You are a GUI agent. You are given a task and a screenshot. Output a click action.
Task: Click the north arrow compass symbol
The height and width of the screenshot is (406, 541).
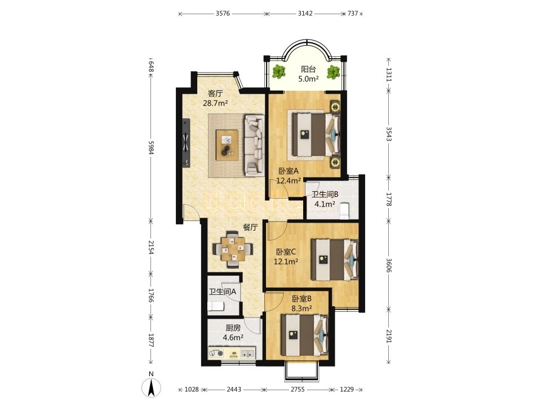tap(151, 387)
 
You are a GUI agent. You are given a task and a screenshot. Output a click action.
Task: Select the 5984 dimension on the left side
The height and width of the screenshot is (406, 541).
tap(150, 147)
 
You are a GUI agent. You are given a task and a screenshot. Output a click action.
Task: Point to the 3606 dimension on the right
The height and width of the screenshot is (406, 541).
tap(389, 266)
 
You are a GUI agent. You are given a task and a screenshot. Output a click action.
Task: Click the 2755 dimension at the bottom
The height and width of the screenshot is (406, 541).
tap(297, 390)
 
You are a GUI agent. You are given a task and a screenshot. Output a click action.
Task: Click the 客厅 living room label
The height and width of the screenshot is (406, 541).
tap(215, 93)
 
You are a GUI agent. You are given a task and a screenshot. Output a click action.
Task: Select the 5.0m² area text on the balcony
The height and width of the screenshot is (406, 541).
tap(308, 79)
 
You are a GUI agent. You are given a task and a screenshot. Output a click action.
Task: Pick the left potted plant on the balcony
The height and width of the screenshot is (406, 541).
tap(278, 72)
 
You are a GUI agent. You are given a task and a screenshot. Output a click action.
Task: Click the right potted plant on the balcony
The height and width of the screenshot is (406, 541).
tap(334, 72)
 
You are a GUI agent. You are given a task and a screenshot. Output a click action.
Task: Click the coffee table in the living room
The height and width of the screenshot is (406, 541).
tap(227, 145)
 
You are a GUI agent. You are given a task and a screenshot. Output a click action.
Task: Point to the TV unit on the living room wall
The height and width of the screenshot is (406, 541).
tap(186, 143)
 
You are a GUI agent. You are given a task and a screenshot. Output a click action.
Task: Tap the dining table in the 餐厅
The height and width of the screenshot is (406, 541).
tap(233, 249)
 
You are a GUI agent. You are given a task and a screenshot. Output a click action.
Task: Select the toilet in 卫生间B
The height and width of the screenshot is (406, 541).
tap(344, 211)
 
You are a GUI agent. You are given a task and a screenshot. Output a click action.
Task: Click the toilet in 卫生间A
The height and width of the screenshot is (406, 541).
tap(216, 306)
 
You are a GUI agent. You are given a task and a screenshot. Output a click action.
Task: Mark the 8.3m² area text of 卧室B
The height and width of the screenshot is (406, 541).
tap(302, 308)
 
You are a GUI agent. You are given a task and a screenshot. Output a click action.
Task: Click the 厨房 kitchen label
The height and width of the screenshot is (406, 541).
tap(233, 328)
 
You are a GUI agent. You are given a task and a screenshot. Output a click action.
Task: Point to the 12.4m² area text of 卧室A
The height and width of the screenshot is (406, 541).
tap(289, 180)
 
